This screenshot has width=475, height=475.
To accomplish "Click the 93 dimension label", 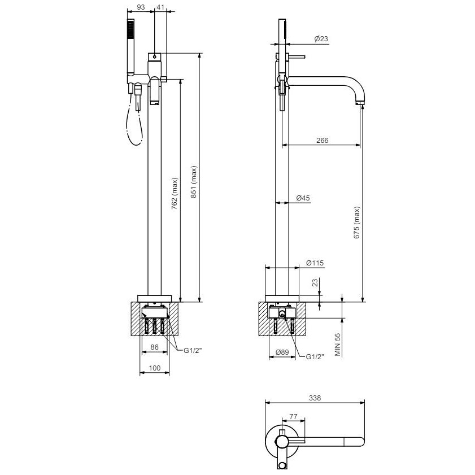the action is (141, 7).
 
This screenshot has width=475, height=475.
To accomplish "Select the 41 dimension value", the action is (160, 7).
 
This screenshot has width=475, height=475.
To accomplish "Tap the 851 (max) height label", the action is (194, 182).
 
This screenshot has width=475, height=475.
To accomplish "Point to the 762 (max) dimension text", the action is (175, 194).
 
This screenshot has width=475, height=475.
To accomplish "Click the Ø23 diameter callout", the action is (321, 38).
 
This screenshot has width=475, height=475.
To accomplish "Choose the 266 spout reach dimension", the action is (323, 140).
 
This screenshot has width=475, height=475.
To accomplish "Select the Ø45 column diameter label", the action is (303, 198).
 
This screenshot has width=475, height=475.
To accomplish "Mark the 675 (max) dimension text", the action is (357, 223).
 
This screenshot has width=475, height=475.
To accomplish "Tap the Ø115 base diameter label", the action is (315, 263).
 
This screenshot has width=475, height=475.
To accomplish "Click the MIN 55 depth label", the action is (338, 345).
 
